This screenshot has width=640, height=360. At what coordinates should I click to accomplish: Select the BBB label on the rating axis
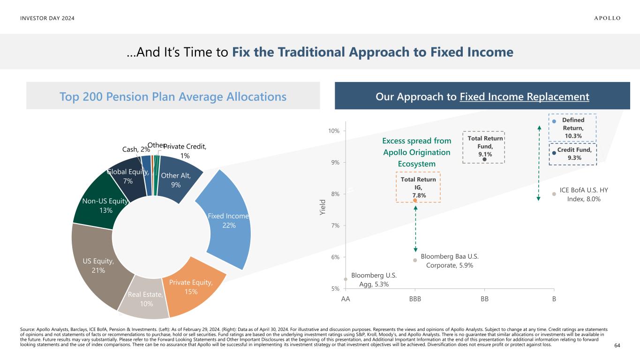415,299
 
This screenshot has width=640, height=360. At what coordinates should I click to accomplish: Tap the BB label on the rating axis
484,299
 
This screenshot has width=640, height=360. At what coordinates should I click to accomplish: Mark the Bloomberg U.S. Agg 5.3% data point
346,279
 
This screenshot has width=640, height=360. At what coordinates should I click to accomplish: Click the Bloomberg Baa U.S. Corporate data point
415,260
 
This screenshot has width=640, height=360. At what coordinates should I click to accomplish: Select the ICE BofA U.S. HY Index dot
554,194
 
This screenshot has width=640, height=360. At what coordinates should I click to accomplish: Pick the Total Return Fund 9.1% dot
484,159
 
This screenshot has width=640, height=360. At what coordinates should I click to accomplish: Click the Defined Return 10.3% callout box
572,128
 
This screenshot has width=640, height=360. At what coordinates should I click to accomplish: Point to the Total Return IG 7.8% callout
418,187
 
